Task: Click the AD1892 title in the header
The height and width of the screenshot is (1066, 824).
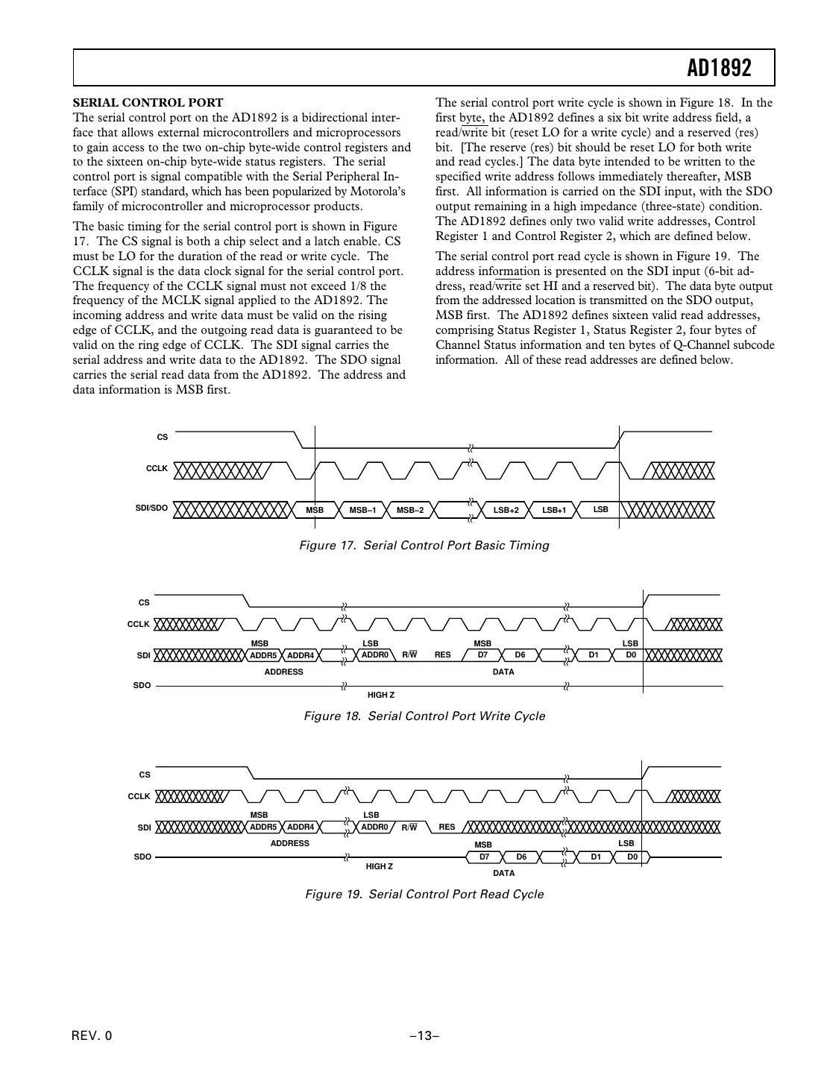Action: click(719, 69)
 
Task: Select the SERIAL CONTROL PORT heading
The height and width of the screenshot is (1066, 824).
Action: click(148, 103)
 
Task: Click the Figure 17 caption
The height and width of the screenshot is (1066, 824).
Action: click(424, 546)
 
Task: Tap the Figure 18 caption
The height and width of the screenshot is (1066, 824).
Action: click(424, 716)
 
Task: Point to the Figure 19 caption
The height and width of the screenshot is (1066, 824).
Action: click(424, 895)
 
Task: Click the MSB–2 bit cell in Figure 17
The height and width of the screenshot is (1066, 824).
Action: click(409, 511)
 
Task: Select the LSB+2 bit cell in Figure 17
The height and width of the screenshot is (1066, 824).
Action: click(506, 511)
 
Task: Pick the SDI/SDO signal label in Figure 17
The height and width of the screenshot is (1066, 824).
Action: click(151, 508)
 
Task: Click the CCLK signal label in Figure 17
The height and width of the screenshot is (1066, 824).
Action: click(157, 469)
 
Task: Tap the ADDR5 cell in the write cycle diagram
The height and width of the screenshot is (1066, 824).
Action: click(263, 655)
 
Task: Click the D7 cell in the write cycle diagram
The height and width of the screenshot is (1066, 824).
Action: click(482, 655)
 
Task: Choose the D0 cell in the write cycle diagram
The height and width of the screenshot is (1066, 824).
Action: click(631, 655)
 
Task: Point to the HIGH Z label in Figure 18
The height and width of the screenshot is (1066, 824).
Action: click(381, 695)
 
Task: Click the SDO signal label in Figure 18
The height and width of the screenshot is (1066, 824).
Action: click(142, 685)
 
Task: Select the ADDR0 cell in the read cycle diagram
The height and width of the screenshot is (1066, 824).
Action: click(375, 827)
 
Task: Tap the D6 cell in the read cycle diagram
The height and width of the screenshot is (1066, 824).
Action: click(521, 857)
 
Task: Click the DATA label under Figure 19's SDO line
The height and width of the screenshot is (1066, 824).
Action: click(504, 873)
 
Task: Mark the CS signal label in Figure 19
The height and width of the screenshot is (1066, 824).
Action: click(145, 775)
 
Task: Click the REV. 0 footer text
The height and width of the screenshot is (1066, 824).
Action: click(92, 1035)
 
